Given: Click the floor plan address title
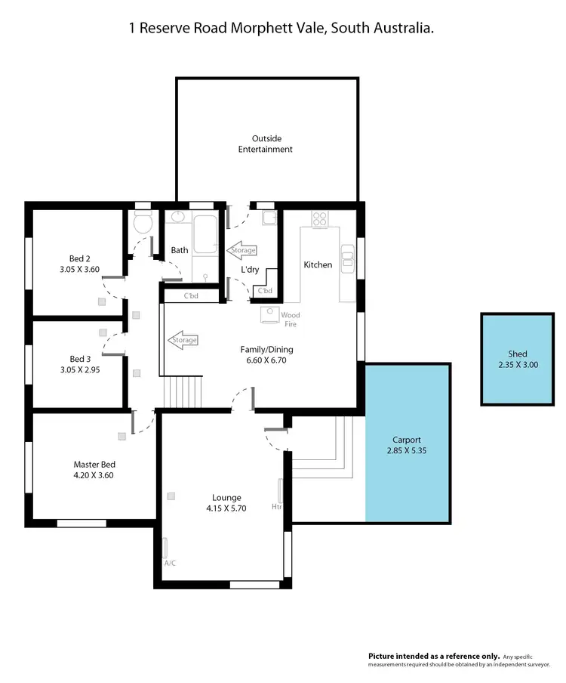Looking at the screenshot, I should coord(281,28).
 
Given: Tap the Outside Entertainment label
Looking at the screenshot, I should coord(265,144).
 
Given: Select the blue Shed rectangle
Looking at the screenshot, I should coord(517,359).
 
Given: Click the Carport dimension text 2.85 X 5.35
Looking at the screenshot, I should coord(406,450).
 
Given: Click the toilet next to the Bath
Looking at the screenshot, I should coord(142,223).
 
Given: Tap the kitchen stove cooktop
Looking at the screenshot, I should coord(320,218).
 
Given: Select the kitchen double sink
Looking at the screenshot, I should coord(347,260).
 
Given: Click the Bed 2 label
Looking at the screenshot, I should coord(79,258).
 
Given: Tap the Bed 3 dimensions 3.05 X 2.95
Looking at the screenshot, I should coord(79,369).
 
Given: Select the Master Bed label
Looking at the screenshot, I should coord(94,465).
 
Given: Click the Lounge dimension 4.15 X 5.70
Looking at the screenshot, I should coord(226,508).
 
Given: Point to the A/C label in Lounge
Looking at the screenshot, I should coord(170,563).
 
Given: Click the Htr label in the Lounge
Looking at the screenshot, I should coord(276,507).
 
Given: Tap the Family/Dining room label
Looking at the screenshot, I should coord(266,350).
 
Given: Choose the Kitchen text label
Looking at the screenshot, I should coord(318,264).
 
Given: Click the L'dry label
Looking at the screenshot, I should coord(250,270).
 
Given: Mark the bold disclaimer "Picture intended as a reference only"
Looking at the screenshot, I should coord(433,656).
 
